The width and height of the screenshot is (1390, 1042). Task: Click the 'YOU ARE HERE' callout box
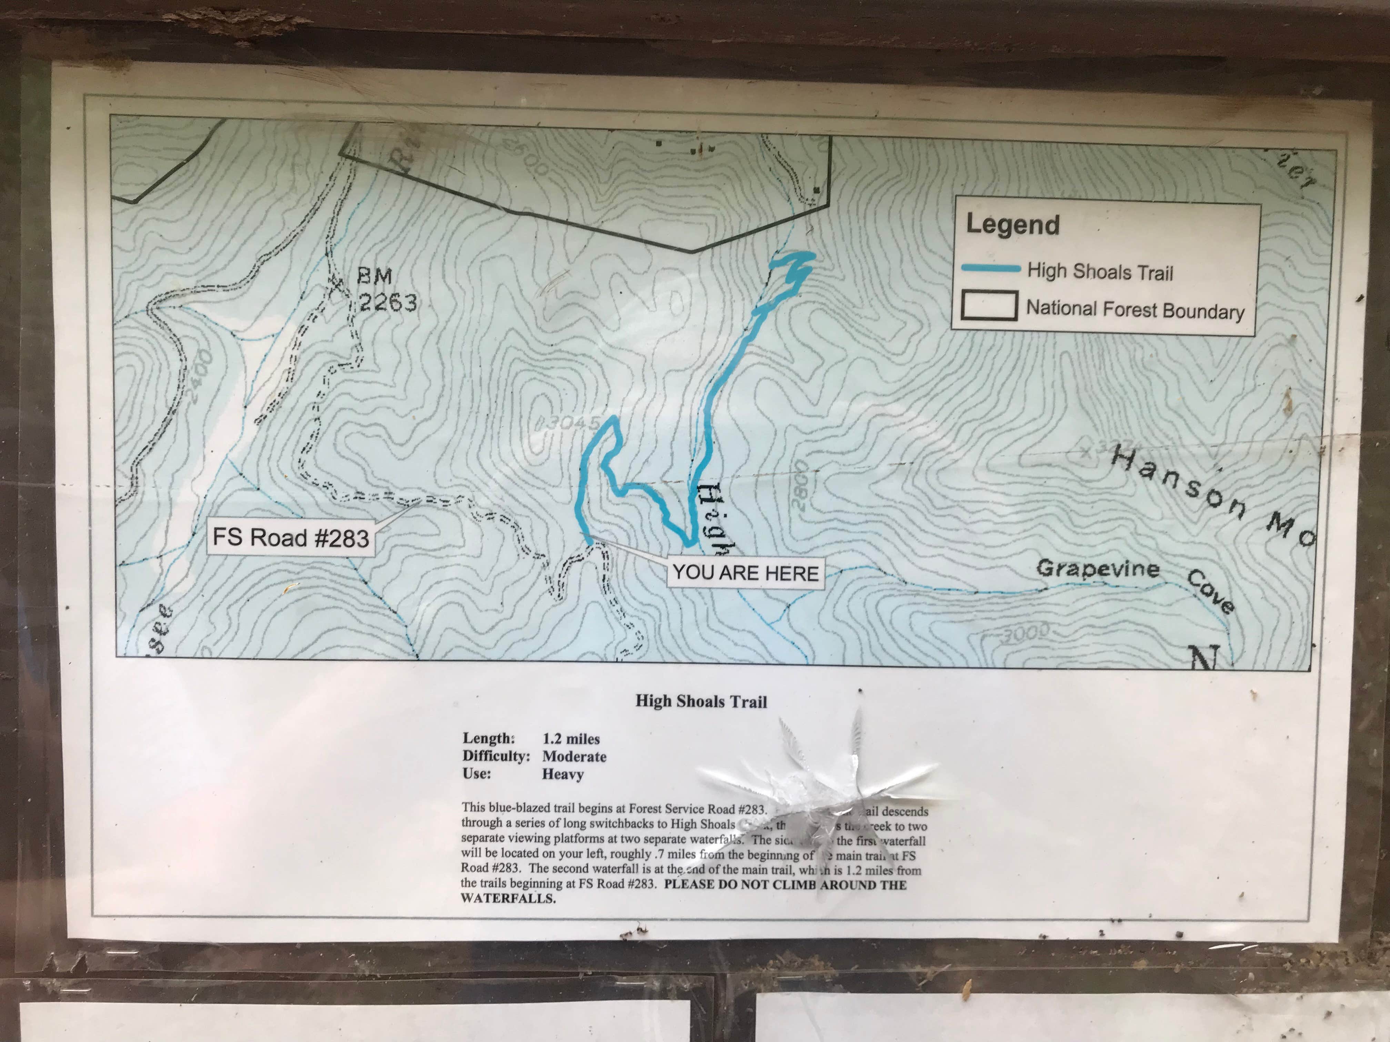(745, 573)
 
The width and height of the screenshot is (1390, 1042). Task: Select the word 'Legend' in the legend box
(1013, 224)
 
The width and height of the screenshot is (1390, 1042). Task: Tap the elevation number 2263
(388, 303)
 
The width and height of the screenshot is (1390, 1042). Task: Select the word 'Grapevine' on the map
(1098, 569)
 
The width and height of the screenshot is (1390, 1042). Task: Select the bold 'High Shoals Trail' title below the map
(701, 702)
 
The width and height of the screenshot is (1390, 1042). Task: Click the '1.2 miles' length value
(571, 739)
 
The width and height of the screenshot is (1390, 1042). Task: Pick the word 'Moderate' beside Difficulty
(574, 756)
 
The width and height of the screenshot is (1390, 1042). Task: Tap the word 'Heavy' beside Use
(563, 774)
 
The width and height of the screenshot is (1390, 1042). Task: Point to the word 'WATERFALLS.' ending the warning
(508, 898)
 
